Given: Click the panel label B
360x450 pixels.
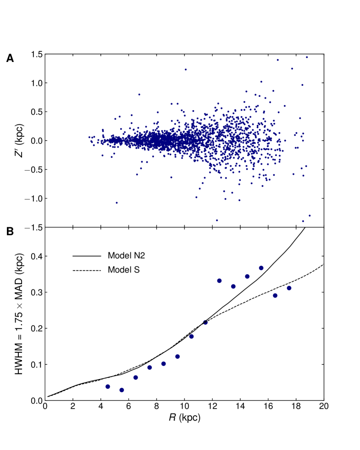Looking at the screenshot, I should (x=10, y=232).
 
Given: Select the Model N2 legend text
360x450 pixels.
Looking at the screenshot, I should (x=124, y=255).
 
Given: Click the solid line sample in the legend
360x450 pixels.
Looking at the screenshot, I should (x=86, y=255).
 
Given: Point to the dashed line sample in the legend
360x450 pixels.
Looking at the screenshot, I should (x=86, y=270).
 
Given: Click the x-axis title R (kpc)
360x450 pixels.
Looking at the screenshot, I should (x=184, y=418).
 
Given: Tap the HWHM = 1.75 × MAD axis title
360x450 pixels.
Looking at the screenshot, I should (x=19, y=314).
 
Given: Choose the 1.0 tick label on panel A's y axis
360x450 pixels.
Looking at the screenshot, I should (x=36, y=83).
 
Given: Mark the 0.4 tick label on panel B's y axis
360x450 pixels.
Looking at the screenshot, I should (x=36, y=256).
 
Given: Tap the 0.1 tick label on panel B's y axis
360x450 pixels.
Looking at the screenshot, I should (x=36, y=365).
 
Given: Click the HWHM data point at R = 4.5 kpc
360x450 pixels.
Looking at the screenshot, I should (x=108, y=387).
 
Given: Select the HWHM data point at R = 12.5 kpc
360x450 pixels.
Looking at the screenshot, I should (x=219, y=281).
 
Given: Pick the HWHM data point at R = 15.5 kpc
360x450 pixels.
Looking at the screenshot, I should (x=261, y=268).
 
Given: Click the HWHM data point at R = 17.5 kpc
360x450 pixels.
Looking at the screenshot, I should (x=289, y=288).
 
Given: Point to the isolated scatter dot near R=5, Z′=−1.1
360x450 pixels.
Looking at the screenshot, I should (x=116, y=203).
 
